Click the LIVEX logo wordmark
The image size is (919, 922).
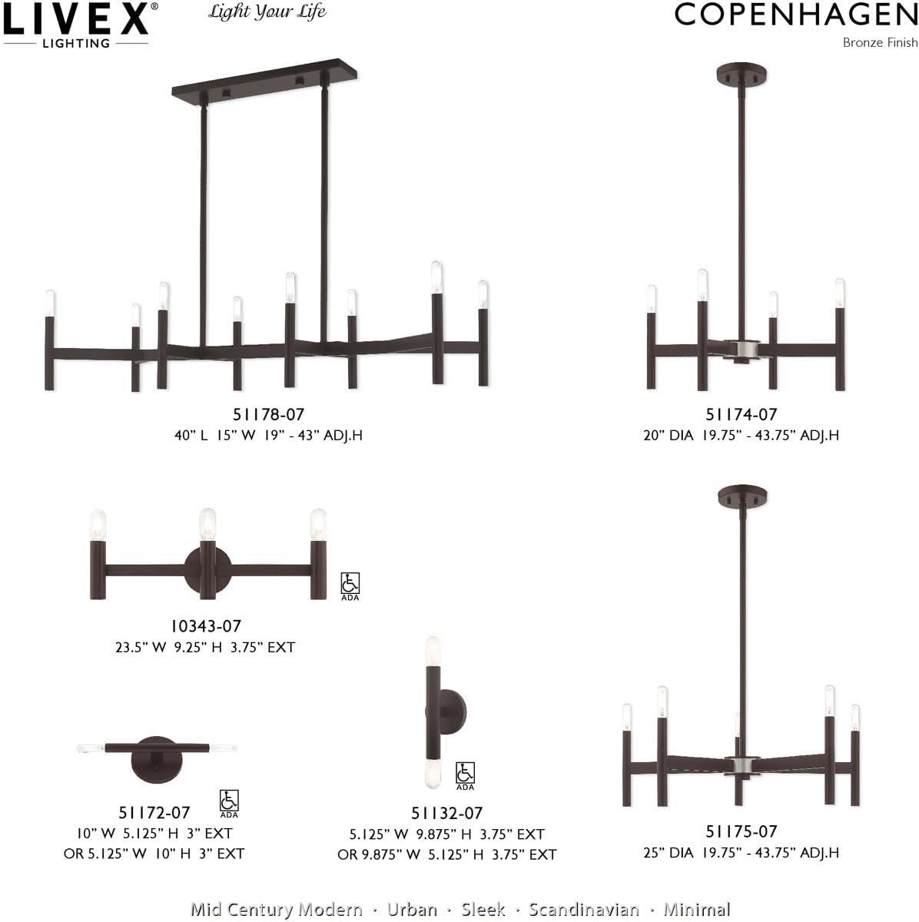[x=77, y=19]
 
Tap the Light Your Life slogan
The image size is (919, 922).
[x=267, y=12]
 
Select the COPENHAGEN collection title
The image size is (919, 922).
[x=796, y=15]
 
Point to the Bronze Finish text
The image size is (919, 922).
[x=880, y=42]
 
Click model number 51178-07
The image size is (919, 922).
[x=269, y=415]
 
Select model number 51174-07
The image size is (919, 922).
[x=742, y=415]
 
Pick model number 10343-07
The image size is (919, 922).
[x=205, y=627]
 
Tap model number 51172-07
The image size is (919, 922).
[x=154, y=812]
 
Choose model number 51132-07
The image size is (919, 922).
[x=447, y=813]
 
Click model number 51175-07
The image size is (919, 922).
[x=742, y=831]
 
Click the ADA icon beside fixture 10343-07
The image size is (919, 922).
[x=350, y=585]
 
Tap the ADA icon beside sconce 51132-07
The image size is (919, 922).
[x=465, y=774]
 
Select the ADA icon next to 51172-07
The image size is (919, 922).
[x=229, y=802]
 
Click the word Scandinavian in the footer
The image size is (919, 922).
[x=583, y=910]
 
